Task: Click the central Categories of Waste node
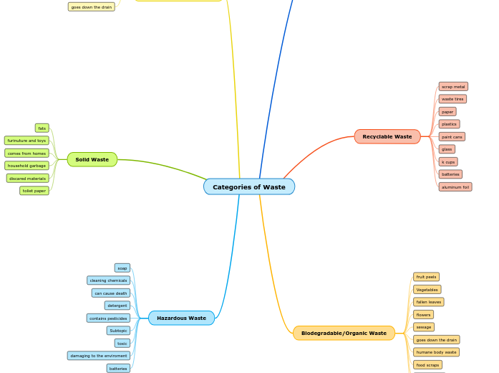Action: click(x=248, y=187)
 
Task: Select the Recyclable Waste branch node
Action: click(x=387, y=136)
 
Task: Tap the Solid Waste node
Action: click(x=92, y=159)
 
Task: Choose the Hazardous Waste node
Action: click(x=181, y=318)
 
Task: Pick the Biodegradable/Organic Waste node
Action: click(x=344, y=333)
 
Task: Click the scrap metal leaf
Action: click(x=453, y=87)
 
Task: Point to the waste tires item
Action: click(x=452, y=99)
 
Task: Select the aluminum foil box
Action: click(x=455, y=187)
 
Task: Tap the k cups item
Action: click(x=448, y=162)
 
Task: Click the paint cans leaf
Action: click(x=452, y=136)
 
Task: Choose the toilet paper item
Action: click(x=34, y=191)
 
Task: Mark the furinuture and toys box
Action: click(x=26, y=141)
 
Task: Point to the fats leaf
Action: click(x=42, y=128)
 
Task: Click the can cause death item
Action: click(x=111, y=293)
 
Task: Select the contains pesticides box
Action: click(x=108, y=318)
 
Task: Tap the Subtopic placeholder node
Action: click(x=118, y=331)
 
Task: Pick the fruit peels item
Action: click(x=426, y=277)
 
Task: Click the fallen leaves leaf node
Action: click(x=428, y=302)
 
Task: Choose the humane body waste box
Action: click(x=436, y=352)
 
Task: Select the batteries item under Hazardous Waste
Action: click(x=118, y=369)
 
